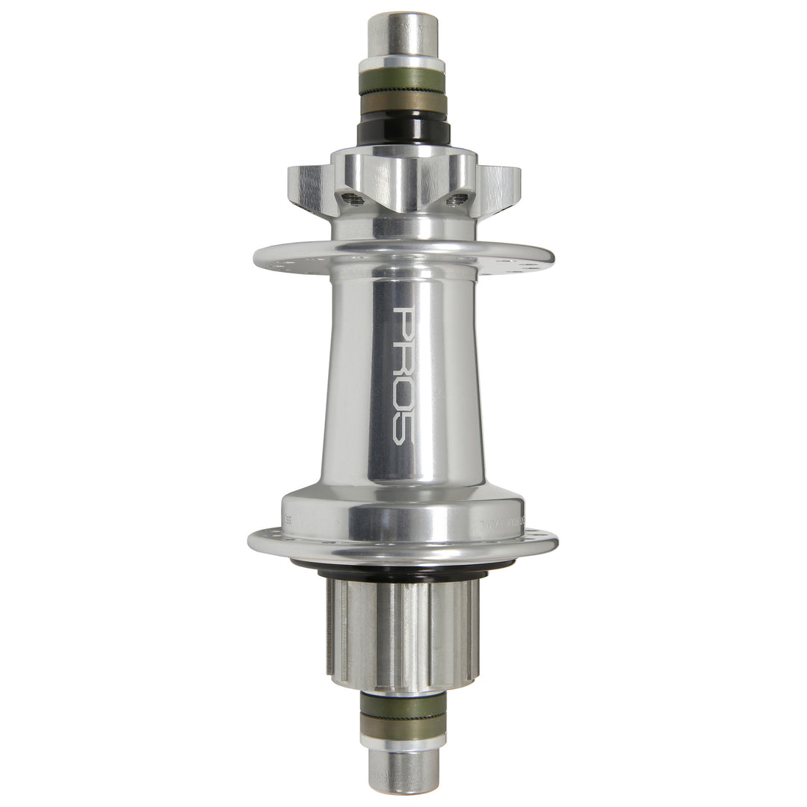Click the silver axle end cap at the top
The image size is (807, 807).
pyautogui.click(x=403, y=34)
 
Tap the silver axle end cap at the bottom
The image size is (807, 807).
pyautogui.click(x=403, y=770)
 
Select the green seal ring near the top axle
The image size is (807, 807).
pyautogui.click(x=403, y=81)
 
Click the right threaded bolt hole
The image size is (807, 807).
pyautogui.click(x=457, y=200)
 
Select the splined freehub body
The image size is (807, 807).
pyautogui.click(x=403, y=631)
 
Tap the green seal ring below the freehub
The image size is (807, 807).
pyautogui.click(x=403, y=706)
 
